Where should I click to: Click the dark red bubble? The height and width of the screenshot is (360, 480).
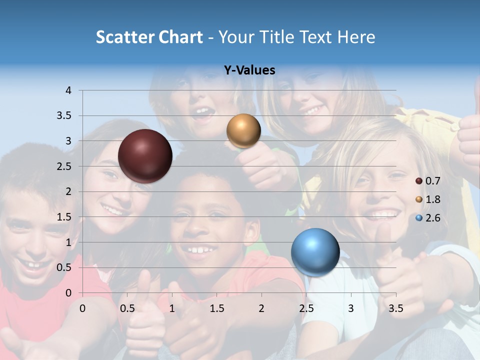coord(145,156)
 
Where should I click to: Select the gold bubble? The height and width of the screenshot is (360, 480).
coord(243,130)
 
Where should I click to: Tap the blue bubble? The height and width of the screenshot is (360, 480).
coord(315,252)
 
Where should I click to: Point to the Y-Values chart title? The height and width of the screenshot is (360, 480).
coord(249,70)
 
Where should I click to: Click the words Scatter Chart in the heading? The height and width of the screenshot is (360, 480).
coord(149,37)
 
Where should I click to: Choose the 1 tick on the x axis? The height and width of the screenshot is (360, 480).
coord(172,308)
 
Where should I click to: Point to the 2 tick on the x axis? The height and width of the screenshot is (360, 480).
coord(261,308)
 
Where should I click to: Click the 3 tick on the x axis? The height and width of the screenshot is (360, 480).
coord(351,308)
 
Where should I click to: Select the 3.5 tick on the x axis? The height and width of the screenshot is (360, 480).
coord(396,308)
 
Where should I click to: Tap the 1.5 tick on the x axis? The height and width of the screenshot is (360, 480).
coord(217,308)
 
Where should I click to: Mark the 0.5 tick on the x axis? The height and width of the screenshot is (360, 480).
coord(127,308)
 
